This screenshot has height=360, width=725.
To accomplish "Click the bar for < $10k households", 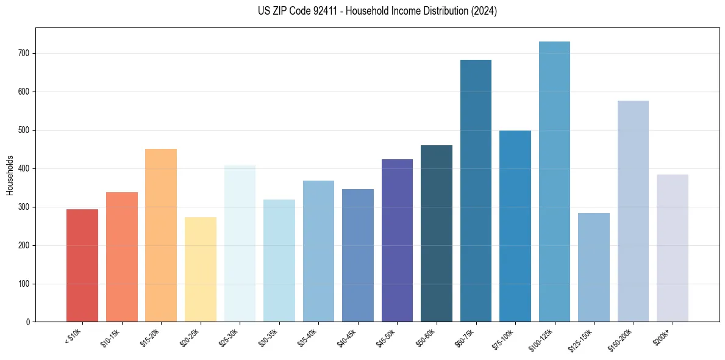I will tap(82, 265).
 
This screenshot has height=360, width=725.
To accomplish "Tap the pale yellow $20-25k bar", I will tap(200, 269).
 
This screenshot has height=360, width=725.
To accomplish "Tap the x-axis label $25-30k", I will tap(229, 339).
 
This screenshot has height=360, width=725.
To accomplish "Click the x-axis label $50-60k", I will tap(425, 339).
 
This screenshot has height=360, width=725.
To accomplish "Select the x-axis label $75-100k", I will tap(503, 340).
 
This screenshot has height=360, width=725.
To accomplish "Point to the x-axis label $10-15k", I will tap(110, 339).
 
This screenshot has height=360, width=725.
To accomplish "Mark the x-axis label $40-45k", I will tap(346, 339).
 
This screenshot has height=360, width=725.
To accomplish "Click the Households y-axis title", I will tap(10, 175).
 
